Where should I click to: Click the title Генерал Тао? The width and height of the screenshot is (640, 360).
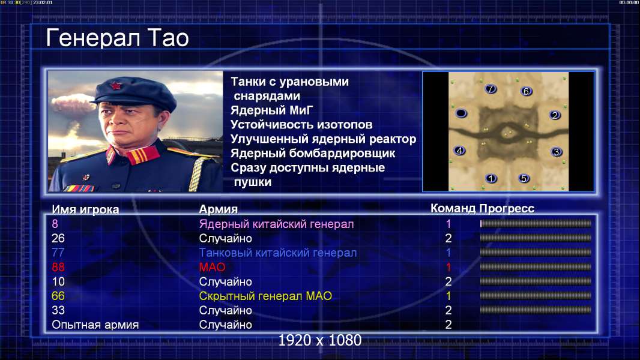pos(117,38)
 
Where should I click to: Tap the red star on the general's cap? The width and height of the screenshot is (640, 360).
pos(115,85)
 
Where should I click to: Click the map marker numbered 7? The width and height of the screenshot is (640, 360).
pos(491,89)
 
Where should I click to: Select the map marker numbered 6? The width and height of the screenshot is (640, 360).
pos(526,91)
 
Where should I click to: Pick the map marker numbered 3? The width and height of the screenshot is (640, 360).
pos(556,152)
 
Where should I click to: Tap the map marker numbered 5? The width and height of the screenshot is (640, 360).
pos(524,178)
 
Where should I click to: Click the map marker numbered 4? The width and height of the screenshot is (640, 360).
pos(460,151)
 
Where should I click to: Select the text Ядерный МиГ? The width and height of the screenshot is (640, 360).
pos(272,110)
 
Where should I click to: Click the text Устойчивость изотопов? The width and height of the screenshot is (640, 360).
pos(301,124)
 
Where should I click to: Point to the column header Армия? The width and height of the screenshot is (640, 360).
pos(218,209)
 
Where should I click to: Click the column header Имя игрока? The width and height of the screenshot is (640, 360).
pos(85,209)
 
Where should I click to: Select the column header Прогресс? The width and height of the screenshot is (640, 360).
pos(507,208)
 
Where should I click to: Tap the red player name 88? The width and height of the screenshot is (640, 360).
pos(58,267)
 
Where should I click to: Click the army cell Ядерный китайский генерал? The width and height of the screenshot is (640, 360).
pos(276,224)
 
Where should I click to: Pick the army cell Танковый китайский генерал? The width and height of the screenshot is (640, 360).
pos(277,253)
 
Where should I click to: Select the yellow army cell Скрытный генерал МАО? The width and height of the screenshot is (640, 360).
pos(265,296)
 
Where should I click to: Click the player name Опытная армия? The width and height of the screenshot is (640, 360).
pos(95,325)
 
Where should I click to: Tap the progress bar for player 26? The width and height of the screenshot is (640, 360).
pos(536,238)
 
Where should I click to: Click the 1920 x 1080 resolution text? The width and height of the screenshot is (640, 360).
pos(319,340)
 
